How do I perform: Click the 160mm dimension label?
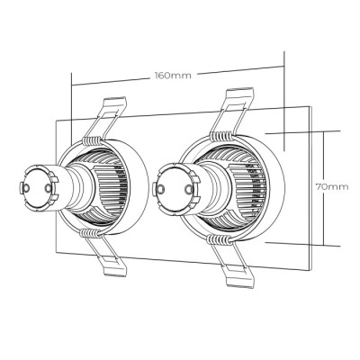pos(173,75)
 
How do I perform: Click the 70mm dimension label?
pos(332,187)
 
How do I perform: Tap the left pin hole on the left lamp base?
pos(26,188)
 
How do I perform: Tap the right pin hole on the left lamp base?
pos(48,188)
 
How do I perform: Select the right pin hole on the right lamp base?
pos(188,188)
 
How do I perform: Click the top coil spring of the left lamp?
pos(93,139)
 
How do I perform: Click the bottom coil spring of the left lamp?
pos(91,232)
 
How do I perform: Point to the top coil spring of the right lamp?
pos(222,136)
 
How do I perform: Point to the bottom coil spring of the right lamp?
pos(220,239)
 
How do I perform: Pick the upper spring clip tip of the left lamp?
pos(115,102)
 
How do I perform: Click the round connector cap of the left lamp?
pos(38,188)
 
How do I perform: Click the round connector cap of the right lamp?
pos(175,188)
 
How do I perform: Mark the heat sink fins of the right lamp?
pos(241,187)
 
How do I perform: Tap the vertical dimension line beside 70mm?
pos(324,188)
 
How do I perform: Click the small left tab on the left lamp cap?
pos(21,188)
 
